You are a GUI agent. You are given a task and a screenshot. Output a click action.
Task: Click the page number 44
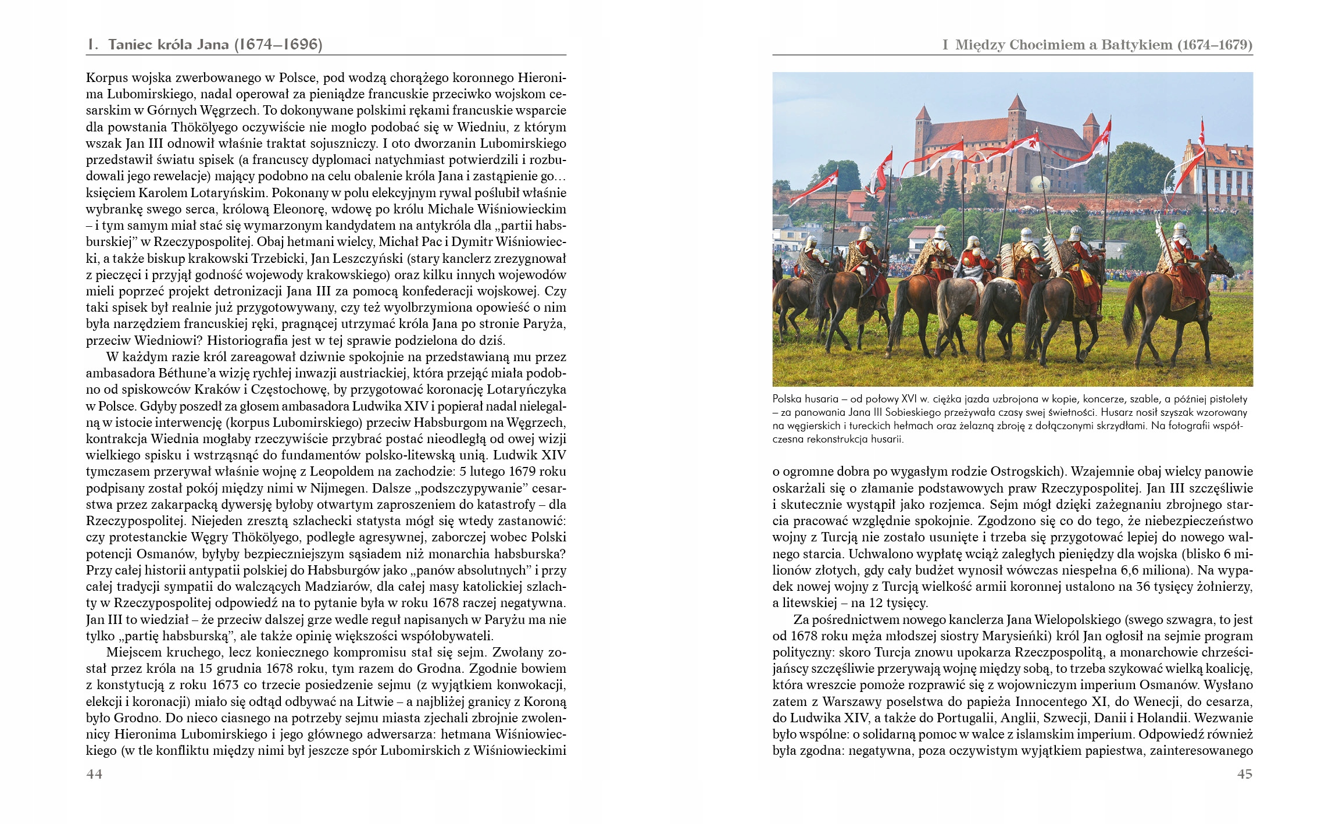[94, 774]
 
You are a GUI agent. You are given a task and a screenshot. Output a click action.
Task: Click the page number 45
[1245, 774]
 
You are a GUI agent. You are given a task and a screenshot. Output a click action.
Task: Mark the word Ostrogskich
[1028, 472]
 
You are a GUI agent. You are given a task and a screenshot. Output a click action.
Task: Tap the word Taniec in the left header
[131, 45]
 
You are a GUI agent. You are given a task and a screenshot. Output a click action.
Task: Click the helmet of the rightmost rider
[1180, 230]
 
